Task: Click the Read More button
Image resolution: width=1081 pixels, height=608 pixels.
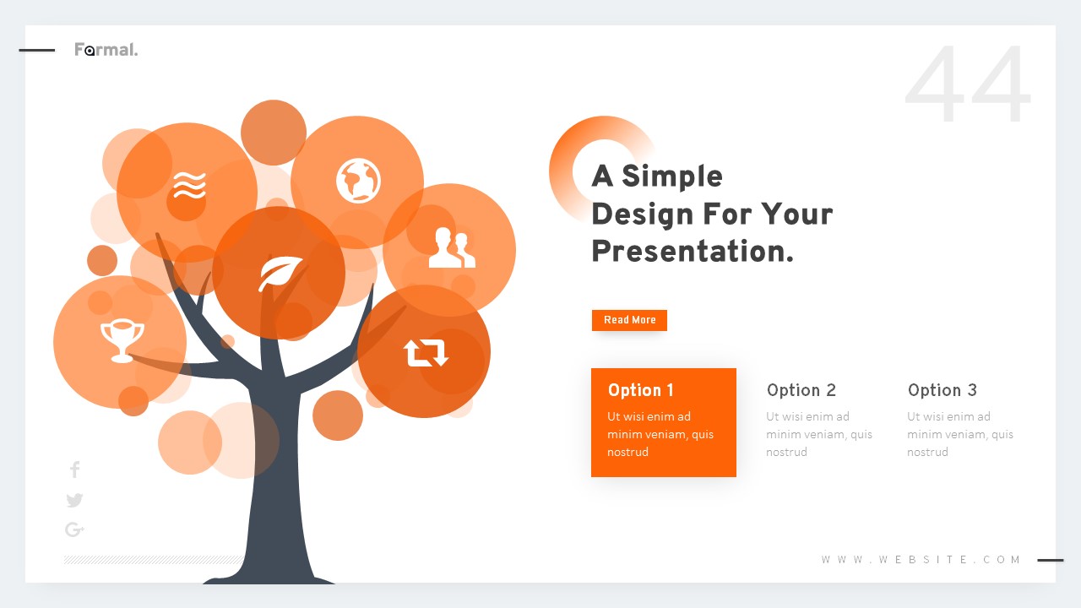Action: [x=629, y=320]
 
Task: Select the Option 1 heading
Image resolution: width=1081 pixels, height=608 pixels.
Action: [x=641, y=390]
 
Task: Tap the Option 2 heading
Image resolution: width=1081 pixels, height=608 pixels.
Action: [x=801, y=390]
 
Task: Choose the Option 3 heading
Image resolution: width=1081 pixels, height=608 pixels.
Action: [x=942, y=390]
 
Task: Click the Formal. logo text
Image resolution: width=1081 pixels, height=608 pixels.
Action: [x=106, y=50]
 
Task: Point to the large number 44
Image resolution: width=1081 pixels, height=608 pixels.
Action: [x=968, y=86]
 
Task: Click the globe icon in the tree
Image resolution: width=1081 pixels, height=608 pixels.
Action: [x=358, y=181]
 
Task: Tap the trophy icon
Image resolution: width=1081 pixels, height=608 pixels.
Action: [x=122, y=339]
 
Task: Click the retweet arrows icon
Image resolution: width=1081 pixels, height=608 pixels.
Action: [x=426, y=352]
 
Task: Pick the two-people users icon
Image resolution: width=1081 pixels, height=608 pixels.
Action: [x=451, y=248]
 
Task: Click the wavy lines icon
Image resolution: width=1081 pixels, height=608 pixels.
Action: [x=189, y=184]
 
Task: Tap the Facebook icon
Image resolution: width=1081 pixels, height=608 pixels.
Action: [x=74, y=470]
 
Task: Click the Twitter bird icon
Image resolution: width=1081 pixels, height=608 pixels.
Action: [x=74, y=500]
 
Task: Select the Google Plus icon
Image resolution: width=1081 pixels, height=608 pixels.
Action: [x=74, y=529]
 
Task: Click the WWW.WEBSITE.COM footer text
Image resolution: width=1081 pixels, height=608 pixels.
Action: [x=921, y=560]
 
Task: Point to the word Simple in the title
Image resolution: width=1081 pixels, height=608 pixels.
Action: [x=671, y=176]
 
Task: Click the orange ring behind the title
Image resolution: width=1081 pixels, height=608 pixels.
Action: [x=561, y=169]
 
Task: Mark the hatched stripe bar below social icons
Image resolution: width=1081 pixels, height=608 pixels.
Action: [x=153, y=560]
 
